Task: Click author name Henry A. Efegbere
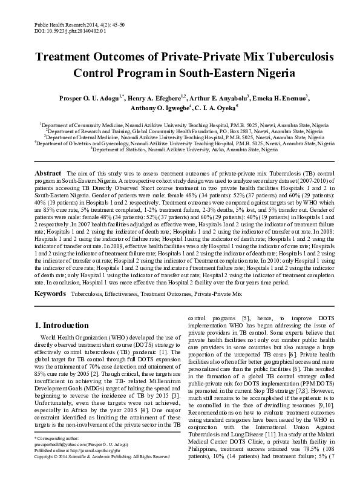point(156,98)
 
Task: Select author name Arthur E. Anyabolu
point(218,98)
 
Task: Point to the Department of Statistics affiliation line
point(180,149)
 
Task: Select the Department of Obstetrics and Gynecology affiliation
point(180,143)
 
